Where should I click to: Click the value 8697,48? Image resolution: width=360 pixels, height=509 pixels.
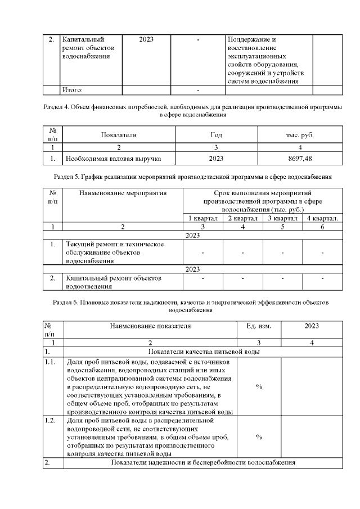pos(300,159)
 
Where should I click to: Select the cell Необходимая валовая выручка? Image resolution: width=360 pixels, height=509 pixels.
pos(114,159)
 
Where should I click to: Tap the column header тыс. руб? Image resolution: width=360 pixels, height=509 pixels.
pos(300,135)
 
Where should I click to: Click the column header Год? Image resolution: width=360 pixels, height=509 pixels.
pos(216,135)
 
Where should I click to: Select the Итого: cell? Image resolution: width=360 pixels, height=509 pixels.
pos(73,89)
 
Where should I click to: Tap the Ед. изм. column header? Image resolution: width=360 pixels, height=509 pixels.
pos(259,326)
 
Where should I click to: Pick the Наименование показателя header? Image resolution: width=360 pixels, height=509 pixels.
pos(150,326)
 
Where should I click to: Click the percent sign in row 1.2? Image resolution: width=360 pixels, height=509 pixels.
pos(259,436)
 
